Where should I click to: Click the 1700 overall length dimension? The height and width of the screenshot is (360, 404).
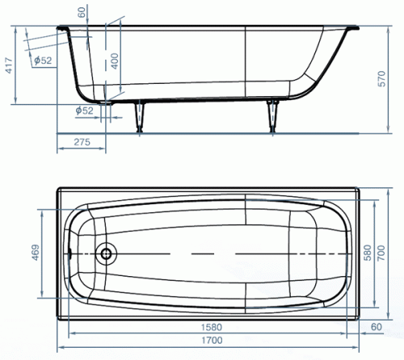[212, 341]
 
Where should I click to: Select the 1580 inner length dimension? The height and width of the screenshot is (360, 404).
[212, 327]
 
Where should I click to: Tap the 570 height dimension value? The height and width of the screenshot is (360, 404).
[381, 78]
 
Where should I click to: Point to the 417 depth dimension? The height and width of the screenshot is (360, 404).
[9, 65]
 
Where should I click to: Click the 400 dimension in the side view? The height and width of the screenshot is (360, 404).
[115, 61]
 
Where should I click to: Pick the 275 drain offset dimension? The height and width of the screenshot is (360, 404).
[82, 142]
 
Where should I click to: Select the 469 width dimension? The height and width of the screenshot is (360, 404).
[36, 253]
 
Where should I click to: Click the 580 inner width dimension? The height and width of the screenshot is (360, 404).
[368, 253]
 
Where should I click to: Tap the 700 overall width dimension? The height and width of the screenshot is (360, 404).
[381, 253]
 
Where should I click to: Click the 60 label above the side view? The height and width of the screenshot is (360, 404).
[82, 12]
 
